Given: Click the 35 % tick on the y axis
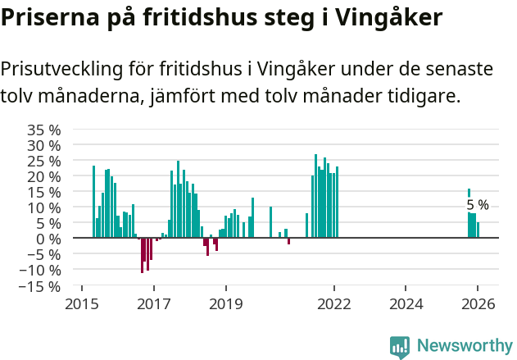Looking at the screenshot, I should tap(44, 130).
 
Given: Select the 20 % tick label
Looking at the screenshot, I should tap(44, 176).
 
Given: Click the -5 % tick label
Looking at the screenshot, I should tap(44, 254).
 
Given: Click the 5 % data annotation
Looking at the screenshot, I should tap(477, 205).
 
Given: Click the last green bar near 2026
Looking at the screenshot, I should tap(478, 230).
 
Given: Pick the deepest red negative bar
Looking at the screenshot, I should tap(142, 255).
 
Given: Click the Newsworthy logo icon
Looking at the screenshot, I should tap(400, 346).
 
